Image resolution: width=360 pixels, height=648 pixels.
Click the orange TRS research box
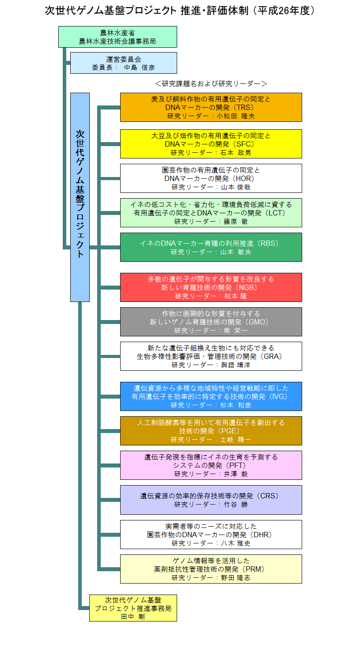211,107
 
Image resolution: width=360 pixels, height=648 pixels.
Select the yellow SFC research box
211,144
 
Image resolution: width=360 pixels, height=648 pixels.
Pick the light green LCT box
211,213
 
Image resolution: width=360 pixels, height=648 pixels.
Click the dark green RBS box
211,247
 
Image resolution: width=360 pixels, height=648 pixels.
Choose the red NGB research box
211,287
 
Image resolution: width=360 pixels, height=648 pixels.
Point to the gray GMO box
211,322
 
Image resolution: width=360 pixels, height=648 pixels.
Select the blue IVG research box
211,396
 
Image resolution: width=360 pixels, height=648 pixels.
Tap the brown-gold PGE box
211,431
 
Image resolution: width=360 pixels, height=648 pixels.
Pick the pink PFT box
211,465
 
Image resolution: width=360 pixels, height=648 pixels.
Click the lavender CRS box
211,500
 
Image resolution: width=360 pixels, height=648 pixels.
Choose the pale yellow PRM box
211,569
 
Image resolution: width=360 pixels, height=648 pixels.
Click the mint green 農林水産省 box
117,37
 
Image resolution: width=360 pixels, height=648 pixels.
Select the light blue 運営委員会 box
124,63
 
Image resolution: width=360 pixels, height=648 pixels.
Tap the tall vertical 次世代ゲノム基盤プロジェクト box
80,197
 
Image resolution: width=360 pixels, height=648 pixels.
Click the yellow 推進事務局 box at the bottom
133,608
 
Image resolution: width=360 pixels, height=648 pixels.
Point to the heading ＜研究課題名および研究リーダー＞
211,83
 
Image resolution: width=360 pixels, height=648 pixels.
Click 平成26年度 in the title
284,11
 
